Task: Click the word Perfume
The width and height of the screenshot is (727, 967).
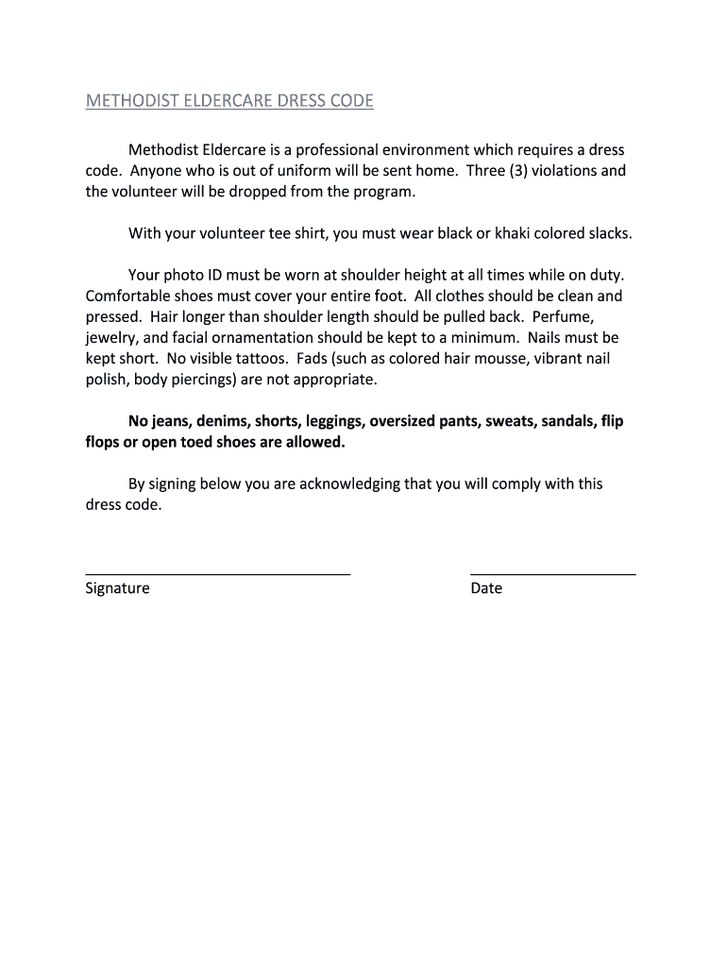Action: tap(564, 316)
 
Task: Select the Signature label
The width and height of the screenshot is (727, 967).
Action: tap(117, 588)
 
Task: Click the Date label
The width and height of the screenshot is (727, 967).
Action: tap(486, 588)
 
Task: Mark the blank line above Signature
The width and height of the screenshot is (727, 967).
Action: tap(217, 573)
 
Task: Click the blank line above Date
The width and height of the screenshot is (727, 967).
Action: tap(552, 573)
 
